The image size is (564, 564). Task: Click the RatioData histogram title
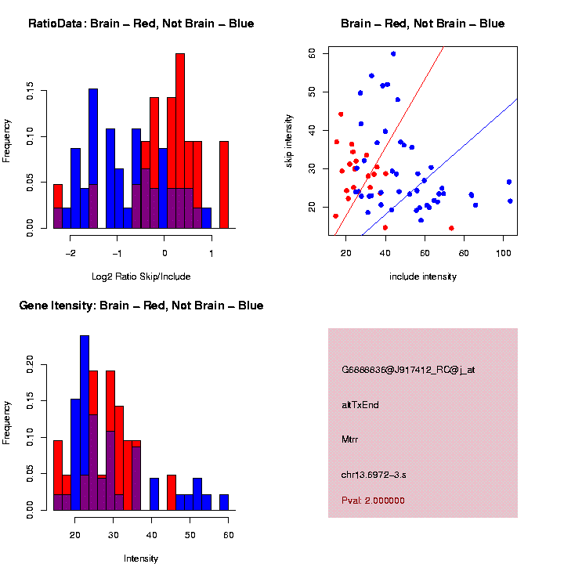coord(141,23)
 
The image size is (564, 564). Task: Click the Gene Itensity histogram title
coord(141,305)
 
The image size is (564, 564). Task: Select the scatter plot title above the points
coord(422,23)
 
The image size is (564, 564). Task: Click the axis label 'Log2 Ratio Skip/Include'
coord(141,276)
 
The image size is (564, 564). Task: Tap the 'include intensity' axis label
coord(422,276)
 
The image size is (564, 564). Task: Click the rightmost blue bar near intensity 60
coord(224,502)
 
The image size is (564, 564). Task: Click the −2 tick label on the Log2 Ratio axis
coord(70,254)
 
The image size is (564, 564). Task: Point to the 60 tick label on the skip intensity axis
coord(313,53)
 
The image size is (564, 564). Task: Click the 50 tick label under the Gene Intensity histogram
coord(190,535)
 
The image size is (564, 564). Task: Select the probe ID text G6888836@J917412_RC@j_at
coord(407,370)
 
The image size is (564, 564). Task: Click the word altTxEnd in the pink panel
coord(360,405)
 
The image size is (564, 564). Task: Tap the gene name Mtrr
coord(351,440)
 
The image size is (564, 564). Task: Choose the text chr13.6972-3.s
coord(376,475)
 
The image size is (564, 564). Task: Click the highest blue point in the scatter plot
coord(393,54)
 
